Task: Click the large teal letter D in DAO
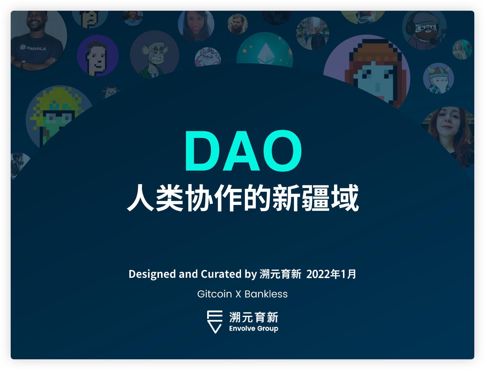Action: [202, 150]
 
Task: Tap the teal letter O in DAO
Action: [282, 150]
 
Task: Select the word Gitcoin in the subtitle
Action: [215, 294]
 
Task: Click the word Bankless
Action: [266, 294]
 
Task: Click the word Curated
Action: [221, 274]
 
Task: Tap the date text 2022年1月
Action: [331, 274]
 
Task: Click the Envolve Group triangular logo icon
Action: [215, 322]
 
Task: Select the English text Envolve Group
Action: [254, 328]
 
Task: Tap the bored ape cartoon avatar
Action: [155, 54]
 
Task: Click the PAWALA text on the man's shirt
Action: [33, 48]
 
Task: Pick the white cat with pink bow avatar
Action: [208, 57]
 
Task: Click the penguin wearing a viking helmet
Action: [438, 78]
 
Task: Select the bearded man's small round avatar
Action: [237, 24]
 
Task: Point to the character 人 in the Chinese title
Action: [141, 197]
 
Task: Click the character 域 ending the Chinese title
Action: [345, 197]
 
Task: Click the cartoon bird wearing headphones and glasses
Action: [424, 30]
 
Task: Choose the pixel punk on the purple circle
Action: [98, 56]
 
